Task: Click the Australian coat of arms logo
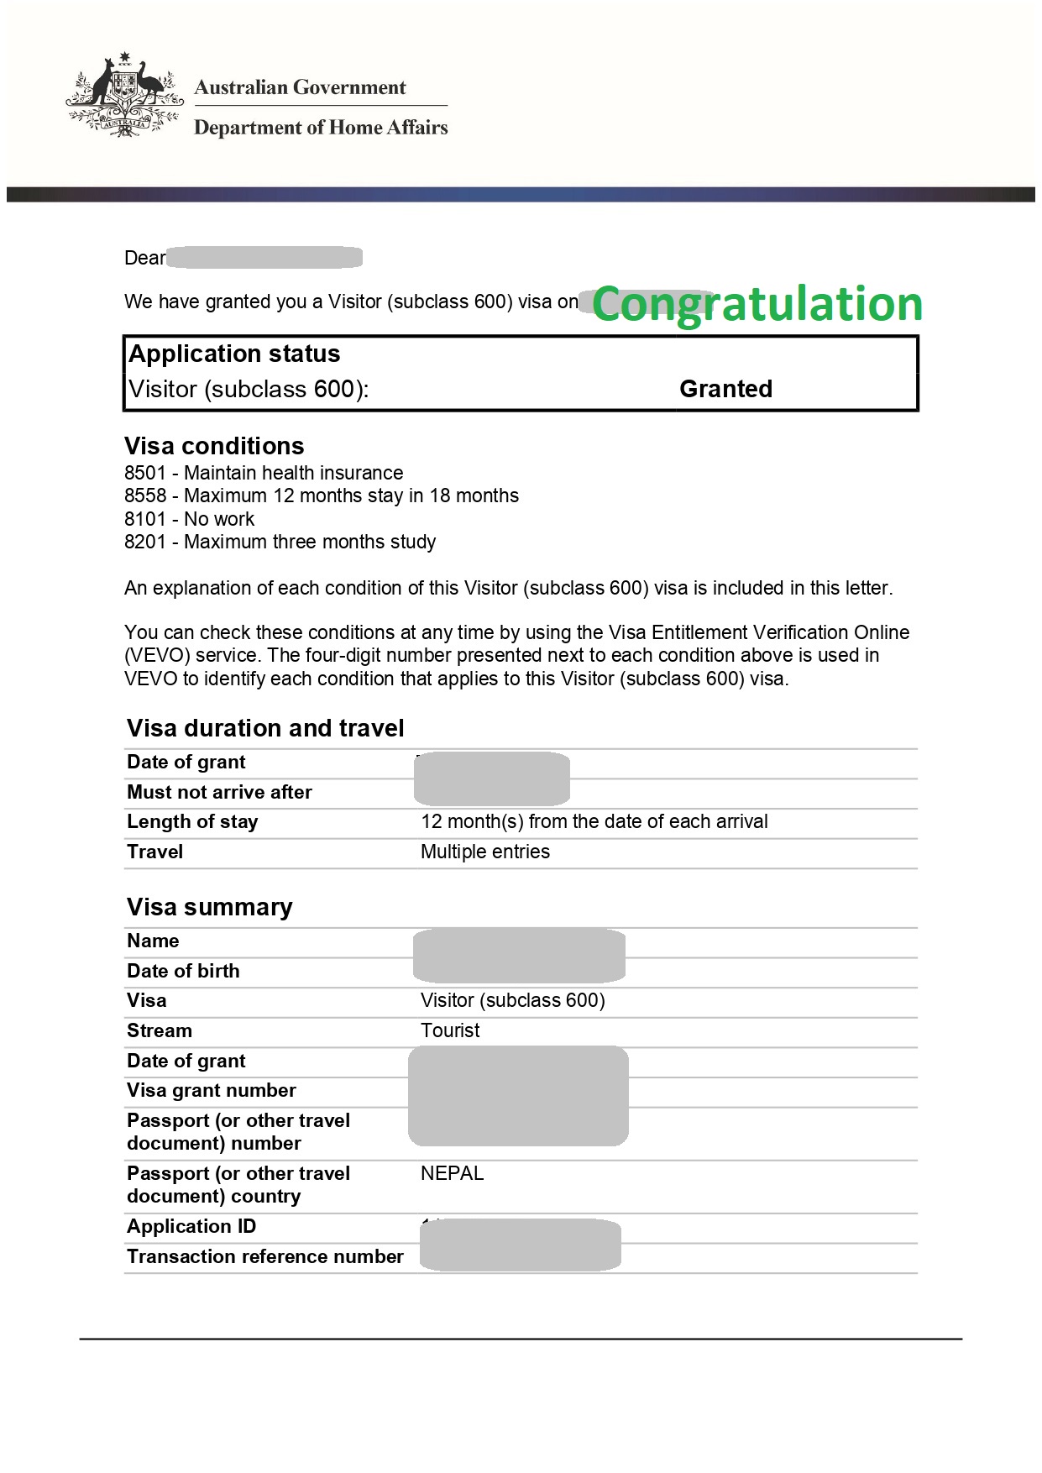(x=124, y=96)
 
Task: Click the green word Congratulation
(x=757, y=304)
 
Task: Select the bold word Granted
(x=725, y=389)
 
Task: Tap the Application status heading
(x=234, y=354)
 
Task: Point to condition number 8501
(x=145, y=473)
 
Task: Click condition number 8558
(x=145, y=495)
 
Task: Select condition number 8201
(x=145, y=542)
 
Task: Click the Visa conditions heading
(x=214, y=446)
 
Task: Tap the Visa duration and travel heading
(x=265, y=728)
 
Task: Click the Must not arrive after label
(x=219, y=792)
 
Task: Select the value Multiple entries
(x=485, y=852)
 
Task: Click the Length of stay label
(x=192, y=821)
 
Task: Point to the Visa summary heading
(x=210, y=907)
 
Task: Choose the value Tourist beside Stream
(x=450, y=1030)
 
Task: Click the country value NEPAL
(x=452, y=1173)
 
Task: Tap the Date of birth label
(x=183, y=971)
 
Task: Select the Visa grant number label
(x=212, y=1090)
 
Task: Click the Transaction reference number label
(x=265, y=1256)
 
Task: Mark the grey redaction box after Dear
(x=264, y=257)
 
